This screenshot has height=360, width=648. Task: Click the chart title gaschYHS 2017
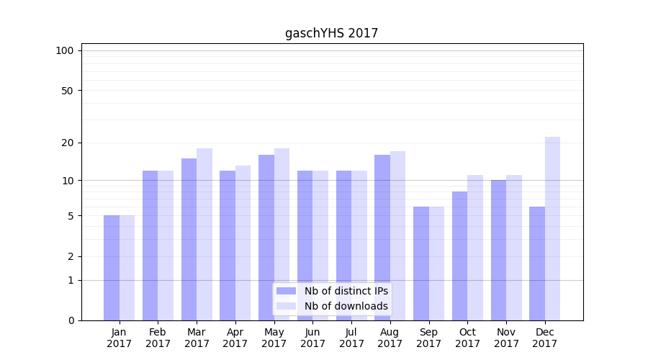pos(331,33)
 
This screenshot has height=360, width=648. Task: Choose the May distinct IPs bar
pos(266,238)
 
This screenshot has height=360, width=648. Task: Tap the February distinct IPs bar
pos(150,246)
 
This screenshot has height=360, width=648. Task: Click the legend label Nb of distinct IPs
pos(346,291)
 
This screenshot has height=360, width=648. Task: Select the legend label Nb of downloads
pos(346,306)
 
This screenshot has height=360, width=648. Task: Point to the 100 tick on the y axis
pos(65,50)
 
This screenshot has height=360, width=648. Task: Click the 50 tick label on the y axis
pos(68,91)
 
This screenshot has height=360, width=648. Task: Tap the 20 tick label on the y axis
pos(68,143)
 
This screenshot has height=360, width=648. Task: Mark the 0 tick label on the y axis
pos(71,320)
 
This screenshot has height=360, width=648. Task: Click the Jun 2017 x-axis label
pos(312,338)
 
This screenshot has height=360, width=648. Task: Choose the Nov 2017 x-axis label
pos(506,338)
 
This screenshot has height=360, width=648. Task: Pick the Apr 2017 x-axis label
pos(235,338)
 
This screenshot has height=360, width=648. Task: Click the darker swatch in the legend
pos(287,291)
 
